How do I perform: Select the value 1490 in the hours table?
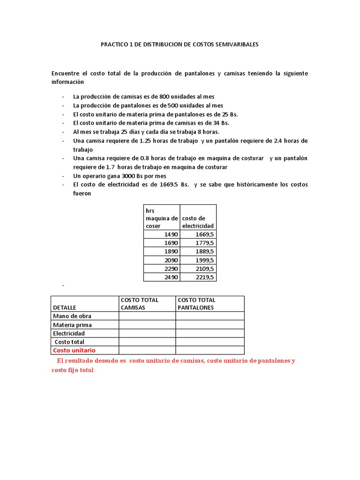pyautogui.click(x=169, y=234)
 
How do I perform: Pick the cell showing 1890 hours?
pyautogui.click(x=169, y=251)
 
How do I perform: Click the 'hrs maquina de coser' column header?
pyautogui.click(x=161, y=218)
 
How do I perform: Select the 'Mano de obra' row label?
pyautogui.click(x=72, y=316)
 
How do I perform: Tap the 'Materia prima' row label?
pyautogui.click(x=72, y=325)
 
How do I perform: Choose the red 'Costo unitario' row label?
pyautogui.click(x=74, y=350)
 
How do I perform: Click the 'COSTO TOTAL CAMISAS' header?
pyautogui.click(x=139, y=304)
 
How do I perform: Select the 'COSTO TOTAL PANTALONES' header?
pyautogui.click(x=196, y=304)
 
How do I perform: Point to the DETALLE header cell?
pyautogui.click(x=65, y=307)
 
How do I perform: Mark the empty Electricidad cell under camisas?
pyautogui.click(x=147, y=333)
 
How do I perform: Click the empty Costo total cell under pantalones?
pyautogui.click(x=210, y=342)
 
